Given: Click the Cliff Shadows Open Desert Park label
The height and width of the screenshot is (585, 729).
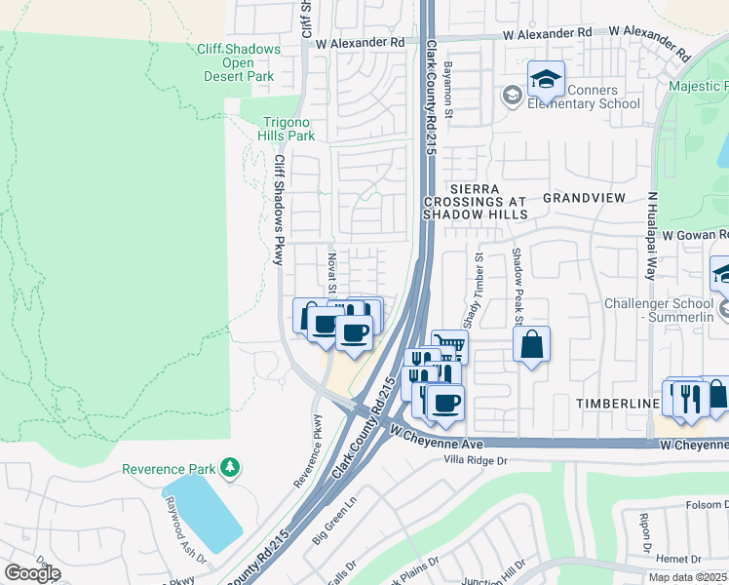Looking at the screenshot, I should (249, 62).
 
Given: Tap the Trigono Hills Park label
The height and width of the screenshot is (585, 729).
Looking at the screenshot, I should (289, 129).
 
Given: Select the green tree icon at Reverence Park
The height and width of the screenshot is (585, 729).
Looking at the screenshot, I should (230, 469).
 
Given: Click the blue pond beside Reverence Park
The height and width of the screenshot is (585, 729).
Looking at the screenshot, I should (203, 512).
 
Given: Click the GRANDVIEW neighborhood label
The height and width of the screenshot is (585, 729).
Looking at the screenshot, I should (583, 197).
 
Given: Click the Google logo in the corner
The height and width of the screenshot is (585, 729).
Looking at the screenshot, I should (32, 573).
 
